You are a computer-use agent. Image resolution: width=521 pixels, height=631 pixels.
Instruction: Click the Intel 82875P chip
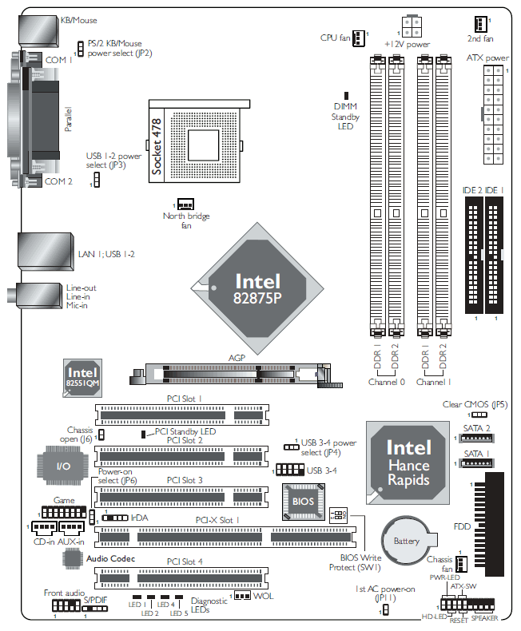coord(257,288)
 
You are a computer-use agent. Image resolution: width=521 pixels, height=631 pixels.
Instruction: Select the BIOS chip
coord(303,502)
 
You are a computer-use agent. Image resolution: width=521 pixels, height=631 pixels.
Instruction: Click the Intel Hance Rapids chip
coord(408,462)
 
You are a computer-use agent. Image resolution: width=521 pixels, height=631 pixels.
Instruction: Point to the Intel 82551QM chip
coord(82,379)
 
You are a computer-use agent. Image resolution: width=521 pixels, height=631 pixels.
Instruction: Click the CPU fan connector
coord(358,38)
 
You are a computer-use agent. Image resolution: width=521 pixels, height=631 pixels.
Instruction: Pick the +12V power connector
coord(412,26)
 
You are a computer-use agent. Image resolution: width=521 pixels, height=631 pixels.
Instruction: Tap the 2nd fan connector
coord(480,24)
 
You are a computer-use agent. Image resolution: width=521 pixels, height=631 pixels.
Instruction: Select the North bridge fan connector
coord(185,204)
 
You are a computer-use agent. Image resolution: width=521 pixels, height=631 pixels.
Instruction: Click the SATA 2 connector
coord(477,439)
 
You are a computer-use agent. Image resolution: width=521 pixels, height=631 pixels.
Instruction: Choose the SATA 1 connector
coord(477,463)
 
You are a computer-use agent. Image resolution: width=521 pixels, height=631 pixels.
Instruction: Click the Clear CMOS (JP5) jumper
coord(479,415)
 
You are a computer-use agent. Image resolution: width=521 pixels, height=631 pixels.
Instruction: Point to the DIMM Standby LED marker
coord(346,96)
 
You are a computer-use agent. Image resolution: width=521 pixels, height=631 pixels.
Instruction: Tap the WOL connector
coord(242,595)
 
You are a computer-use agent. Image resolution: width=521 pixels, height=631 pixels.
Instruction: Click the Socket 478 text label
coord(156,146)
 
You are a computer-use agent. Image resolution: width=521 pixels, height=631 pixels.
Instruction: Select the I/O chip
coord(63,466)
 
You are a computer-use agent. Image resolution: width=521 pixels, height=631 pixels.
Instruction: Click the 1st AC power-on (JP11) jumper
coord(385,610)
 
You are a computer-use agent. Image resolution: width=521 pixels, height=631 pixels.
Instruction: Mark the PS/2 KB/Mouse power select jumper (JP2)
coord(81,49)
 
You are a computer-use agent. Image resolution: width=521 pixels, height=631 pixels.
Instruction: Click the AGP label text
coord(237,358)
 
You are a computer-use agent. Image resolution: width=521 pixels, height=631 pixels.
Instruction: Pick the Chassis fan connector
coord(461,564)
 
